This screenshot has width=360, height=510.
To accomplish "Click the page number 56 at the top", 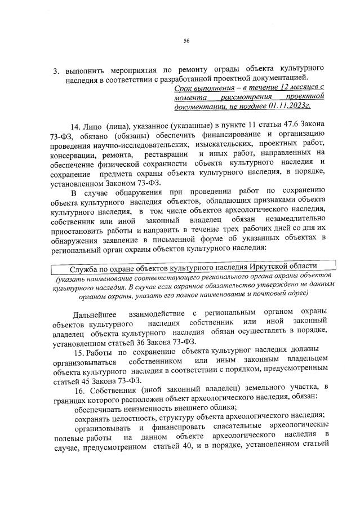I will point(186,40).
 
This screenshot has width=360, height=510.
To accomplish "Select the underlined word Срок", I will point(184,88).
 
